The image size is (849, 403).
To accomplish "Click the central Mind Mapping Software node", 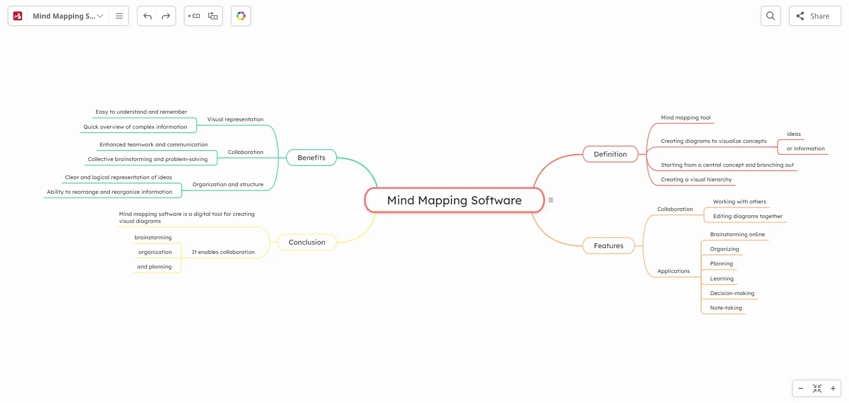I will point(454,200).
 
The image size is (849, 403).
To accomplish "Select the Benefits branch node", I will point(311,158).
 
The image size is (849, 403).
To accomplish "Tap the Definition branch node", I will point(610,154).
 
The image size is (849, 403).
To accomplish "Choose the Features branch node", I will point(608,246).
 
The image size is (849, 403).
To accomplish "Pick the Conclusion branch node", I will point(307,242).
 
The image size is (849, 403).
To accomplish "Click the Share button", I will point(815,16).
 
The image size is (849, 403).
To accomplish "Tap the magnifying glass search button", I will point(770,16).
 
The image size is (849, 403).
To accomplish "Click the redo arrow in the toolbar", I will point(166,16).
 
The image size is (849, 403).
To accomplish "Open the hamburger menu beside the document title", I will point(119,16).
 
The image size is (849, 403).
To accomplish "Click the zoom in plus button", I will point(833,388).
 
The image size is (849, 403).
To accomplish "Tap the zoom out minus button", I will point(801,388).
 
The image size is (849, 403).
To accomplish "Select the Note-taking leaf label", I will point(726,308).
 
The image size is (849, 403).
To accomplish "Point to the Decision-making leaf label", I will point(732,293).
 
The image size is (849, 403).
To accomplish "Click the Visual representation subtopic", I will point(235,119).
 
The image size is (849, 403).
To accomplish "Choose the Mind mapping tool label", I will point(685,118).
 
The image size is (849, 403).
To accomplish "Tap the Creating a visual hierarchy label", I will point(696,180).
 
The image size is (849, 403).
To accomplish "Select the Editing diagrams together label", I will point(747,216).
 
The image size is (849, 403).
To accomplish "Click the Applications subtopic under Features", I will point(673,271).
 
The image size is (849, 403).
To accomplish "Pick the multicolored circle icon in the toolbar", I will point(241,16).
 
